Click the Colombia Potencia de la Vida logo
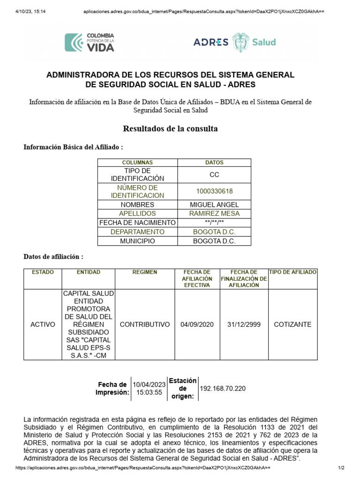coord(90,42)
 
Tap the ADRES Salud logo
coord(234,42)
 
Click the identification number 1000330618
coord(214,191)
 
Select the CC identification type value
coord(214,174)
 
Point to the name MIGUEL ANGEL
coord(214,205)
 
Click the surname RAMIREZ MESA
coord(214,213)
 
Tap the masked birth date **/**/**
coord(214,223)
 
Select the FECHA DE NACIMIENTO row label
coord(137,223)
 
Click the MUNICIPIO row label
coord(137,241)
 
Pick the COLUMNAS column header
coord(137,163)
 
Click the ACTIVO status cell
coord(43,324)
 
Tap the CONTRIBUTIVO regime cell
coord(145,324)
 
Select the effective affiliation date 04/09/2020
coord(197,324)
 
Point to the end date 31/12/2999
coord(244,324)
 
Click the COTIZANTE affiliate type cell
coord(292,324)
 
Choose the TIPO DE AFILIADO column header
coord(292,272)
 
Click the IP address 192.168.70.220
coord(223,389)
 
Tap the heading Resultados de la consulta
coord(170,128)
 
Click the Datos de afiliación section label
coord(53,257)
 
